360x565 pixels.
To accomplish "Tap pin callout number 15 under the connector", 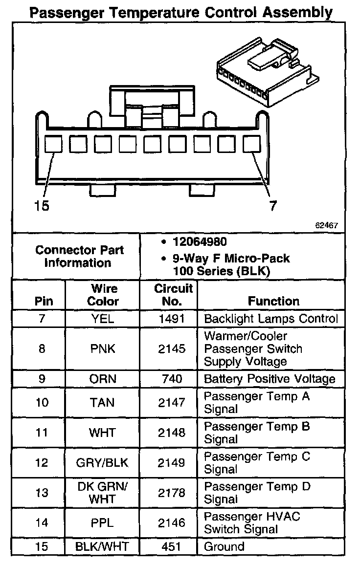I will pos(42,206).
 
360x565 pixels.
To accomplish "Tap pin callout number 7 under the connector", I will pos(273,206).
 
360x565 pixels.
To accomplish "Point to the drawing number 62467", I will pos(326,225).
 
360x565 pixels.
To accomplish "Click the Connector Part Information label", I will pos(79,256).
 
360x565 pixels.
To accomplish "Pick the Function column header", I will pos(273,301).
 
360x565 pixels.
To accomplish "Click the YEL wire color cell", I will pos(103,319).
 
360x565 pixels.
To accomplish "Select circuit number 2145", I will pos(171,349).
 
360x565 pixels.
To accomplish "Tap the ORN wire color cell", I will pos(103,379).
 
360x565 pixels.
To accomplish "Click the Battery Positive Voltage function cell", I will pos(270,379).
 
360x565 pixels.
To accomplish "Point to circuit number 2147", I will pos(171,402).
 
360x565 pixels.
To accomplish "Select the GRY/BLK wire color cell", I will pos(103,463).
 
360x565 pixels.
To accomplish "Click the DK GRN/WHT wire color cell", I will pos(103,493).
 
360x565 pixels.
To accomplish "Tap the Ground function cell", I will pos(224,546).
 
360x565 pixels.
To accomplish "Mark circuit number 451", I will pos(171,546).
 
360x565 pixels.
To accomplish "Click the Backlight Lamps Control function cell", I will pos(271,319).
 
